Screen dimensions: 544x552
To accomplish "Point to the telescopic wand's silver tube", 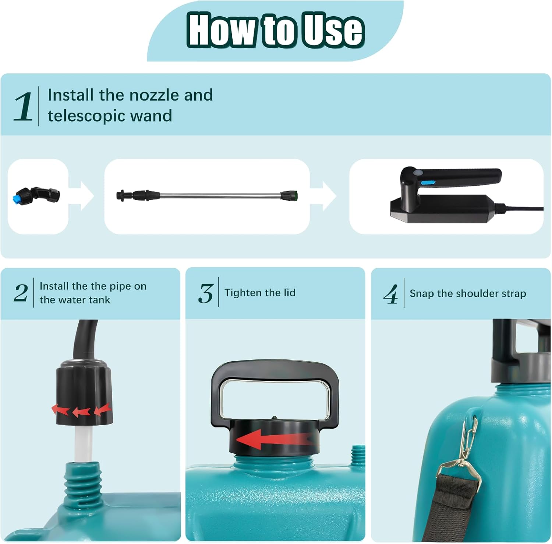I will [x=221, y=195].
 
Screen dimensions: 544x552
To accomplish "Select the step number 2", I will [x=21, y=293].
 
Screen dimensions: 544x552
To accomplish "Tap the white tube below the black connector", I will [x=83, y=442].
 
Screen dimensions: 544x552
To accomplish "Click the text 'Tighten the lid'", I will [x=260, y=293].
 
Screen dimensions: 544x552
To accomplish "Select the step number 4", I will [x=390, y=294].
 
